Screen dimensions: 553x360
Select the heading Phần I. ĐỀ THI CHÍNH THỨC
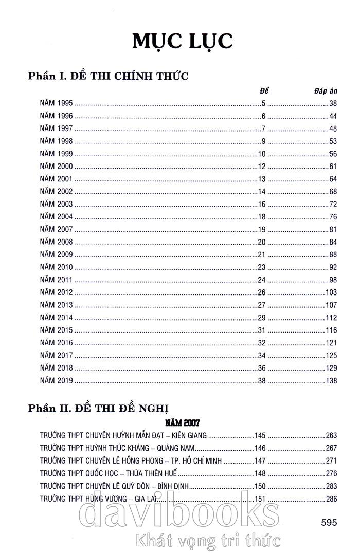pos(109,76)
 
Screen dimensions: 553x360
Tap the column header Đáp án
pos(325,91)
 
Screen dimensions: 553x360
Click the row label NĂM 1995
pos(57,103)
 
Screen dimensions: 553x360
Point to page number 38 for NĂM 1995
pos(332,103)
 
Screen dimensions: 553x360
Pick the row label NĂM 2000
pos(57,167)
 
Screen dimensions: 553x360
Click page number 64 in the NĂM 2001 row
pos(332,179)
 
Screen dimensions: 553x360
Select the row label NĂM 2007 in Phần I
pos(57,229)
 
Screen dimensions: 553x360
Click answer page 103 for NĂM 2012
pos(331,292)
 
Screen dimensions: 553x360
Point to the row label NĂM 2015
pos(57,330)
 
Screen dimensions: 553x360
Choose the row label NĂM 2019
pos(57,381)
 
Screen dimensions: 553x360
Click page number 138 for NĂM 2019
pos(331,381)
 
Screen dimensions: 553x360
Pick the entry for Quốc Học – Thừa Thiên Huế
pos(108,473)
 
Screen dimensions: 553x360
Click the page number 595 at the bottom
pos(328,522)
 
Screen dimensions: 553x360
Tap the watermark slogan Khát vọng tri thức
pos(205,540)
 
